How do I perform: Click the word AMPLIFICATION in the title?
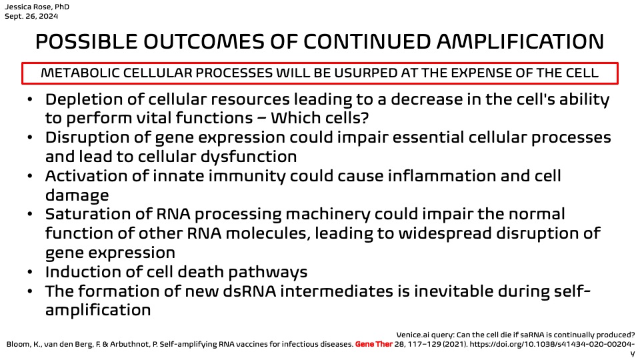click(x=520, y=41)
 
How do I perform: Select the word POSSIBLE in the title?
click(x=87, y=41)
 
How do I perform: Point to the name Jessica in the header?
click(x=16, y=7)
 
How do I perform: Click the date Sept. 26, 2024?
click(x=31, y=16)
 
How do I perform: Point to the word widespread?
click(x=445, y=234)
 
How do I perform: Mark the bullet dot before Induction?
click(x=30, y=272)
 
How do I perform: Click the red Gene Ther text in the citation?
click(x=373, y=345)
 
